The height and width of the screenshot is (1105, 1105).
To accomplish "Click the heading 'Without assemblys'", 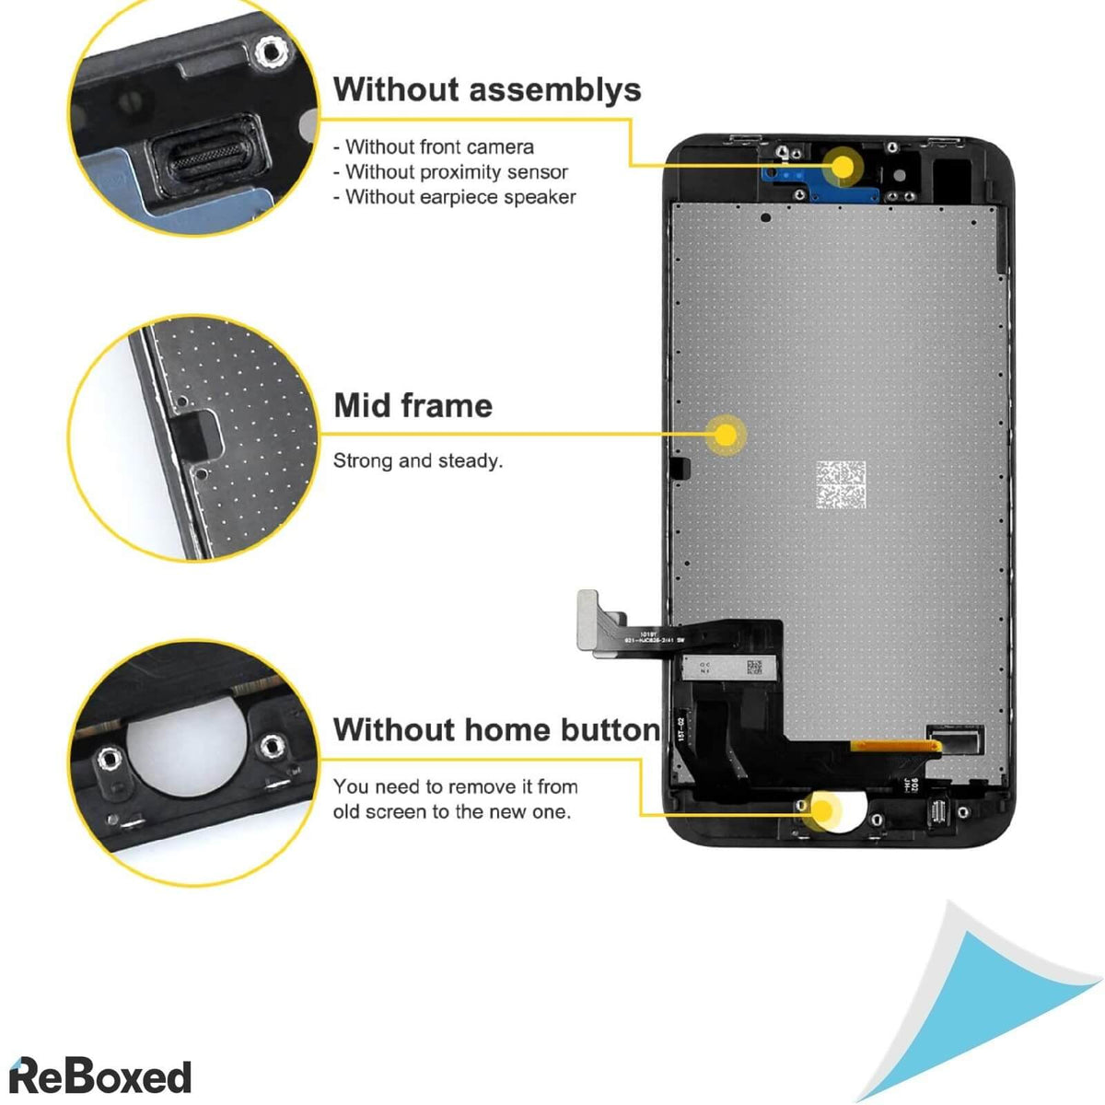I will tap(487, 89).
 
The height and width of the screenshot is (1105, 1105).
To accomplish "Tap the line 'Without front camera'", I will tap(435, 146).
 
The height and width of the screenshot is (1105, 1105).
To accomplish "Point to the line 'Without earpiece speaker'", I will tap(456, 196).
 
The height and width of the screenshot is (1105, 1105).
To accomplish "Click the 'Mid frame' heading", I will tap(413, 405).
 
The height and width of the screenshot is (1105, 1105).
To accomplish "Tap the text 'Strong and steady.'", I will tap(418, 460).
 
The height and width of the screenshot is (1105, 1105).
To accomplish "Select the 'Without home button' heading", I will tap(496, 729).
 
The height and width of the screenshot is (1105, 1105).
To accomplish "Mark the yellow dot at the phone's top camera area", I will tap(842, 167).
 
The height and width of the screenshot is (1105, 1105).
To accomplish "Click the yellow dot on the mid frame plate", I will tap(727, 435).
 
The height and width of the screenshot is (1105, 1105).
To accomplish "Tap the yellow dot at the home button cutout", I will tap(821, 810).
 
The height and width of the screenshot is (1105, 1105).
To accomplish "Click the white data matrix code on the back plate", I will tap(840, 485).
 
